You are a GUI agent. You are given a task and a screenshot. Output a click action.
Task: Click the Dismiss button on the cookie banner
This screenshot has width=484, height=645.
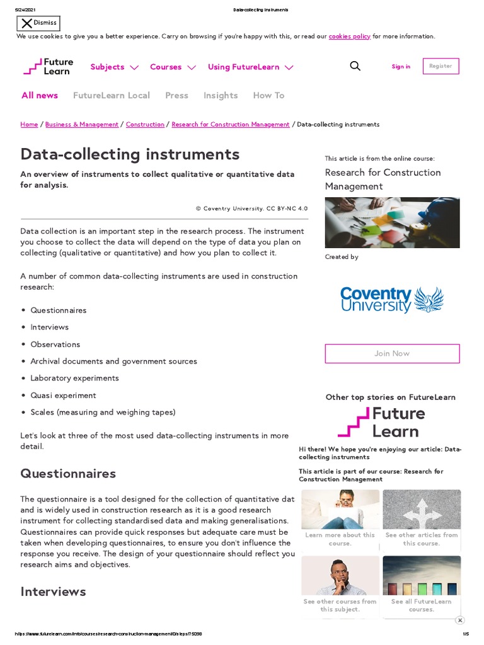point(38,23)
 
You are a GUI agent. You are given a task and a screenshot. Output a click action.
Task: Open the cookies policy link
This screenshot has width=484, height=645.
point(349,37)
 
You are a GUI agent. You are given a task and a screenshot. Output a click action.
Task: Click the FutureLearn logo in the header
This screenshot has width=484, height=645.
point(49,67)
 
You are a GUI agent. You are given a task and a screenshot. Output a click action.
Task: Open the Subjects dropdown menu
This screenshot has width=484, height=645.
point(114,67)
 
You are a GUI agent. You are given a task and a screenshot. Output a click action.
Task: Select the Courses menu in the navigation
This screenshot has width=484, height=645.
point(173,67)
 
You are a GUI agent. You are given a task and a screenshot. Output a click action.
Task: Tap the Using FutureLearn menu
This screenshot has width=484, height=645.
point(250,67)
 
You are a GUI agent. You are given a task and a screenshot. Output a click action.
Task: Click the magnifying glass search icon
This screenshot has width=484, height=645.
point(355,66)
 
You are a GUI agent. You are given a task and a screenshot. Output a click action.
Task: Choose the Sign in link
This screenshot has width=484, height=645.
point(401,67)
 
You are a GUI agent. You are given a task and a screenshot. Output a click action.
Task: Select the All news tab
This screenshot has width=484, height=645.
point(40,95)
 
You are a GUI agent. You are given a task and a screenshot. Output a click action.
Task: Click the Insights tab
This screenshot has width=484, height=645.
point(221,95)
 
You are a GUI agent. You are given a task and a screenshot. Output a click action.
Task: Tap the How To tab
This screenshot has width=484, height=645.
point(268,95)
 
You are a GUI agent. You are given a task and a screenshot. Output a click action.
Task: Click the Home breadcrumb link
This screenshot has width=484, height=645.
point(29,125)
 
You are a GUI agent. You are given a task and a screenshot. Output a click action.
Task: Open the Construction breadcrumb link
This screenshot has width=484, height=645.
point(145,125)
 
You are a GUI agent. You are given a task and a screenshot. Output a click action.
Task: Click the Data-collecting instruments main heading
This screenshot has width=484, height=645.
point(130,154)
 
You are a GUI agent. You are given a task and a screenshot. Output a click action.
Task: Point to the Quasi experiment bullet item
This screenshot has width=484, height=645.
point(63,396)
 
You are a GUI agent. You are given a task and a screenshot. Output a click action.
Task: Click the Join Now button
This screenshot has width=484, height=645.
point(392,353)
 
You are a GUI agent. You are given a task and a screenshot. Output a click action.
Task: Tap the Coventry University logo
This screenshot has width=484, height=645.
point(392,300)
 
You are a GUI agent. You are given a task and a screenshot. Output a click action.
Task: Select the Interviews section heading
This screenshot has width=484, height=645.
point(53,591)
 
